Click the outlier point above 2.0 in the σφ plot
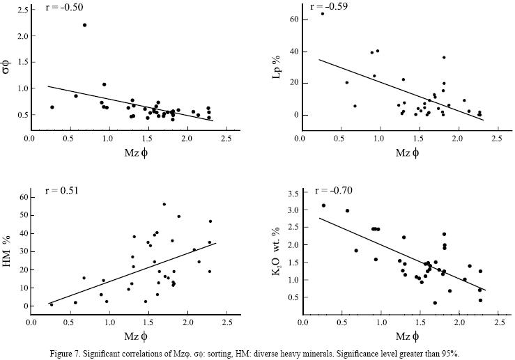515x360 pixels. (84, 25)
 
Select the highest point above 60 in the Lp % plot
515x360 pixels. (323, 13)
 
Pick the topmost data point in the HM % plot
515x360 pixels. (164, 204)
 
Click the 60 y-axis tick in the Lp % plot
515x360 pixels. (294, 19)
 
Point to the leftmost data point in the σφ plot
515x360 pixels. (52, 107)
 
